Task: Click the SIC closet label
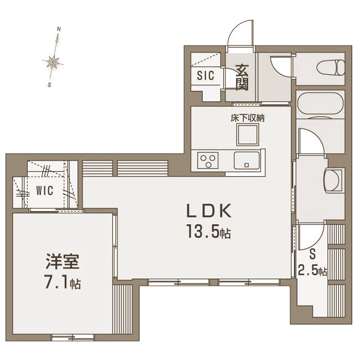[205, 75]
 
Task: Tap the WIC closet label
[45, 191]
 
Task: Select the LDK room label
[209, 211]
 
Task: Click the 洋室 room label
[63, 261]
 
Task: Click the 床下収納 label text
[248, 118]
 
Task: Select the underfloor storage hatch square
[248, 135]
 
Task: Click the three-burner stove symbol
[208, 161]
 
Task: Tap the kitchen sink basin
[247, 161]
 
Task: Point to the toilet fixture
[331, 68]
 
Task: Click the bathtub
[321, 104]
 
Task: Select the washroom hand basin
[333, 180]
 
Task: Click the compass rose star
[53, 61]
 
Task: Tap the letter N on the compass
[59, 29]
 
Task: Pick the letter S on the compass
[49, 85]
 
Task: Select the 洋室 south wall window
[73, 337]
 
